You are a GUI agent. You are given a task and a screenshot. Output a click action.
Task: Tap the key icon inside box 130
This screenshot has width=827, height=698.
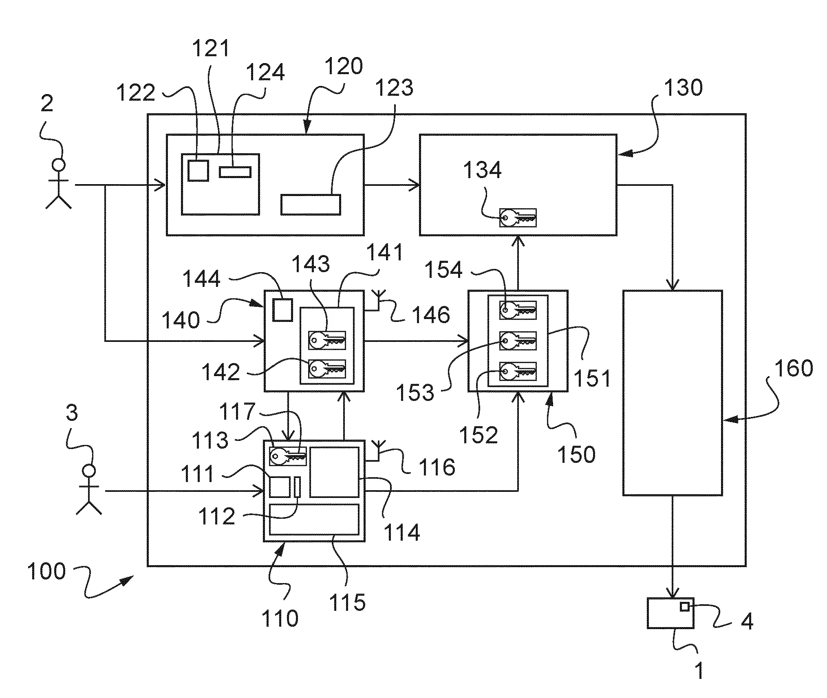[x=518, y=218]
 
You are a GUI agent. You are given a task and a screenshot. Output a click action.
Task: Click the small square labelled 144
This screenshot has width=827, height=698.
[x=282, y=310]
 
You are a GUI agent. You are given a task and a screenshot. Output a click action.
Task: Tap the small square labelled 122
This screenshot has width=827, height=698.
[x=198, y=170]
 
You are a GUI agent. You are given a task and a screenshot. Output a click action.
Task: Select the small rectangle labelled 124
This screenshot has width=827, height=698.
[x=235, y=172]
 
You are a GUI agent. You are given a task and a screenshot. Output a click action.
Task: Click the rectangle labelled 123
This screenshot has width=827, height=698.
[x=311, y=205]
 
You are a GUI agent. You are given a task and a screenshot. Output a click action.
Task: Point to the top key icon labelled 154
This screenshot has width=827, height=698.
[x=518, y=310]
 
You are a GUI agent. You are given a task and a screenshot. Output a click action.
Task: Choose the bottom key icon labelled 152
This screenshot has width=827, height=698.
[x=518, y=372]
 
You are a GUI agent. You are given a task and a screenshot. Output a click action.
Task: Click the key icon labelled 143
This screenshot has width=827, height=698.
[x=327, y=340]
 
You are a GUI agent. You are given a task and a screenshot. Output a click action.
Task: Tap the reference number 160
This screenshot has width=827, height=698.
[x=793, y=368]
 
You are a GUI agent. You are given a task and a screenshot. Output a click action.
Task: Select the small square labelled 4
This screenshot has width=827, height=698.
[x=685, y=607]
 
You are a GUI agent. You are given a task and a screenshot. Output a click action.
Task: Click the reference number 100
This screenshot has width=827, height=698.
[x=46, y=571]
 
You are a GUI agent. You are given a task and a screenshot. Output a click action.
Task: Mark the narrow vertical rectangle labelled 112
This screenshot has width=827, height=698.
[x=297, y=487]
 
